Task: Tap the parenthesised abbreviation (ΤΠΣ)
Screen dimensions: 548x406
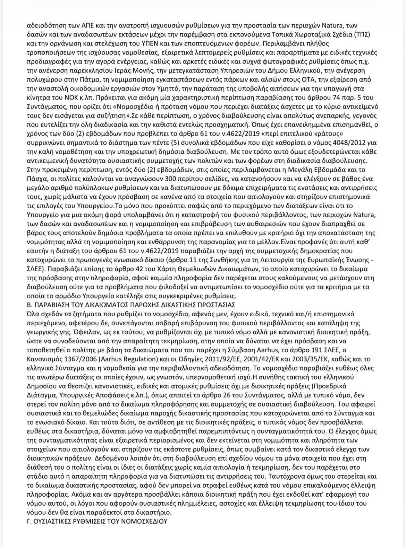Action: coord(369,35)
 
